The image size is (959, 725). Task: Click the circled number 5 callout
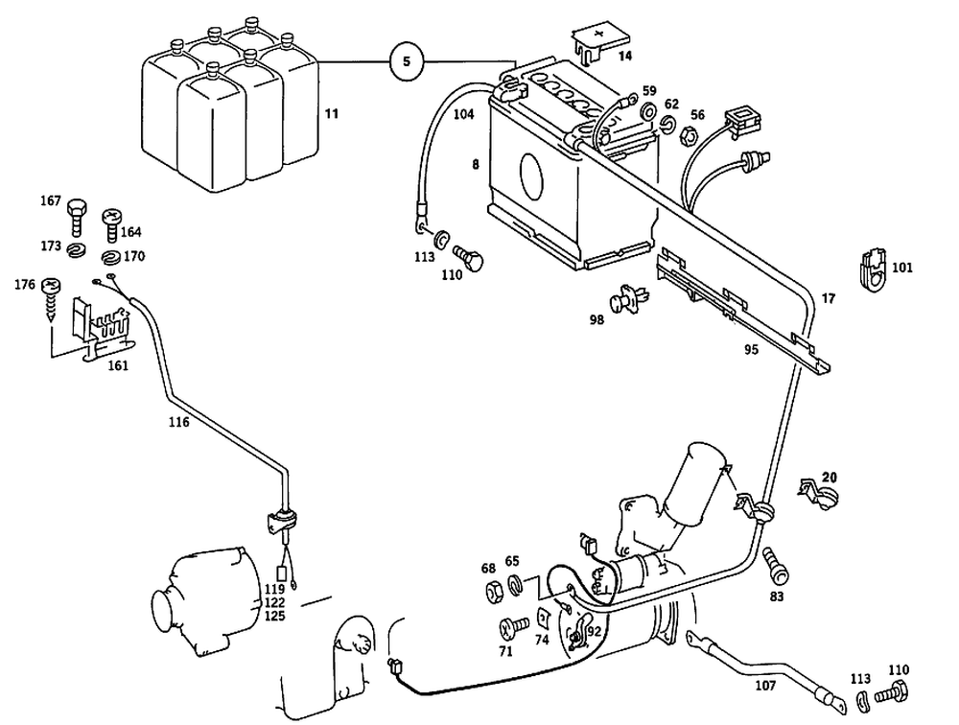[x=407, y=61]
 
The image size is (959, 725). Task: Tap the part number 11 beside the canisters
[x=331, y=114]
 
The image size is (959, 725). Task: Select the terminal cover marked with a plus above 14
[x=593, y=41]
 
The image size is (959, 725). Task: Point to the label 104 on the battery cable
[x=463, y=114]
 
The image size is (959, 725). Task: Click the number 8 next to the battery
[x=474, y=165]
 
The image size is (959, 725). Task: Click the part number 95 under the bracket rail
[x=750, y=350]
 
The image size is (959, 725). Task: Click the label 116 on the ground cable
[x=177, y=421]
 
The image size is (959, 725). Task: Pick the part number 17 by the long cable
[x=829, y=299]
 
